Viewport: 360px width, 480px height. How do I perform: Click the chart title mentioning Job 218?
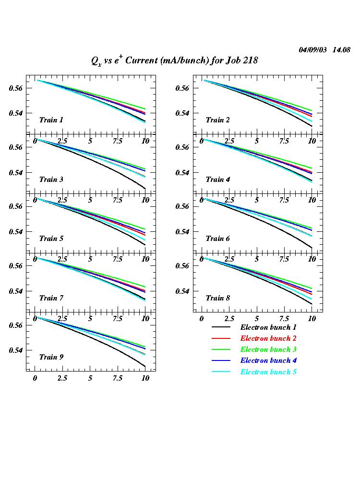[x=175, y=60]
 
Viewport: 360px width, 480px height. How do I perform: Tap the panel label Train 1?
[x=51, y=120]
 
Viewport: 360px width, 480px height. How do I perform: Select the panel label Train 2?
[x=217, y=120]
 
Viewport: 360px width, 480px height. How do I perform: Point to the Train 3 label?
[x=51, y=180]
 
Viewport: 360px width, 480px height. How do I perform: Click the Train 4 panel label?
[x=217, y=180]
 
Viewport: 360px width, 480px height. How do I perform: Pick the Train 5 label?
[x=51, y=239]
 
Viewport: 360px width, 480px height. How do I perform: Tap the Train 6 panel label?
[x=217, y=239]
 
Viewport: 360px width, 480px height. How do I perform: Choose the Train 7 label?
[x=51, y=298]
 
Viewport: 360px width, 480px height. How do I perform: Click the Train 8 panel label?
[x=217, y=298]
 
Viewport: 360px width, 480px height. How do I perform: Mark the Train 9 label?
[x=51, y=357]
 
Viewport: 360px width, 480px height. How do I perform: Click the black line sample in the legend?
[x=221, y=327]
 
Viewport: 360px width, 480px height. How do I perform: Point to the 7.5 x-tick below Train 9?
[x=117, y=378]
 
